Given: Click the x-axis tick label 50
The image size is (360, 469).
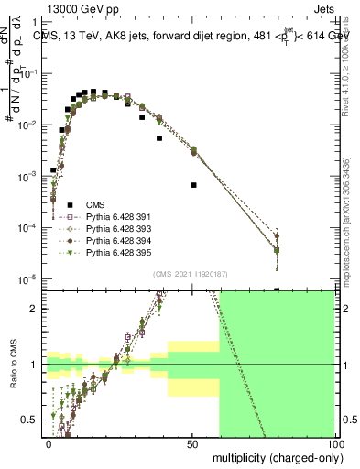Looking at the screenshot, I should pyautogui.click(x=192, y=443).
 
